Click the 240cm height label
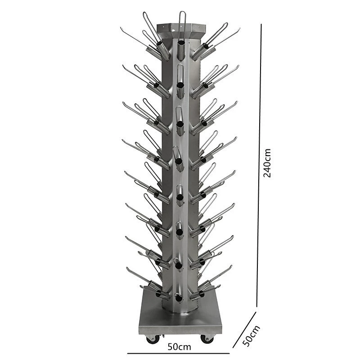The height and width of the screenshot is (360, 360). point(267,163)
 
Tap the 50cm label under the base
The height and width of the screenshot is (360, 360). point(179,346)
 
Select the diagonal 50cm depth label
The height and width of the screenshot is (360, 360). point(252,335)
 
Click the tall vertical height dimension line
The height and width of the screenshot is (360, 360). point(259,165)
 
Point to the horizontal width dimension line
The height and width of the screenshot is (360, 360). point(178,353)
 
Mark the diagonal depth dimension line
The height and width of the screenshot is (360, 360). point(244,330)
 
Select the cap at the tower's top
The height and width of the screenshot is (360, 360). point(181,29)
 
